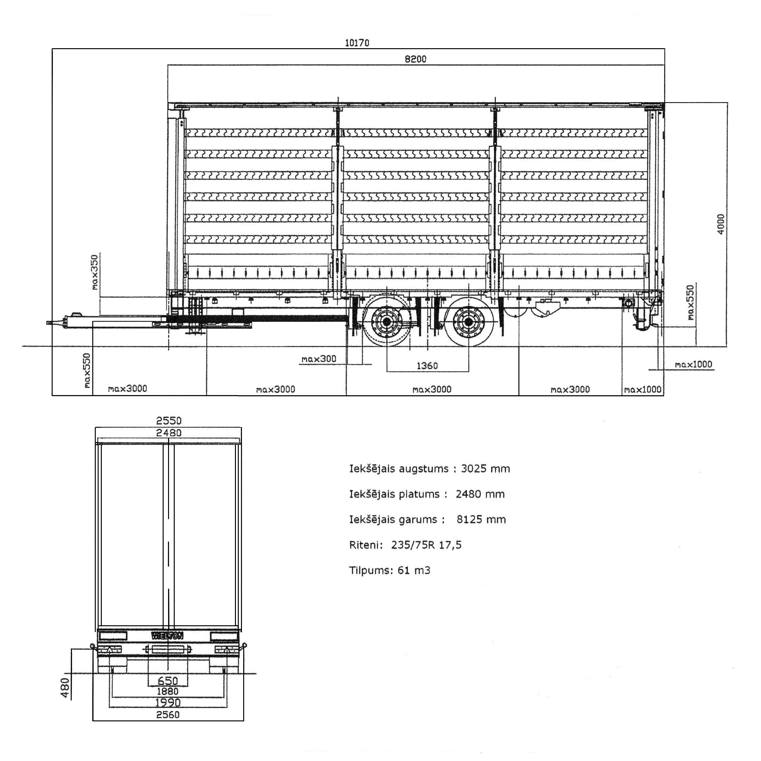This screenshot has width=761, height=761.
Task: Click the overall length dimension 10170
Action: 357,42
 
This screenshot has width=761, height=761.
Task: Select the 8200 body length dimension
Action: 416,59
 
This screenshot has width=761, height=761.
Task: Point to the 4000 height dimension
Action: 720,224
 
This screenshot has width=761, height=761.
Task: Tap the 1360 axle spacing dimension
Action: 427,366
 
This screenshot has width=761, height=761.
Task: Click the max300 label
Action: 319,359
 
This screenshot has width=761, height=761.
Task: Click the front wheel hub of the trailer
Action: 387,322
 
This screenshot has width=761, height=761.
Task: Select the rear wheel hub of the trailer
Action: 468,322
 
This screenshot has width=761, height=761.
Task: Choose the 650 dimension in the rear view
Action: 168,681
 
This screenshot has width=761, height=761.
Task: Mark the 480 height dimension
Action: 65,687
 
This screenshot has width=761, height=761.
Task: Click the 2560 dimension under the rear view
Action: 168,714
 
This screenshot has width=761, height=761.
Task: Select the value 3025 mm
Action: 485,469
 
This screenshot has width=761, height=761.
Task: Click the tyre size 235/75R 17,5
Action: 426,545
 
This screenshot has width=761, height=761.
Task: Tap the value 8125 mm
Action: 481,520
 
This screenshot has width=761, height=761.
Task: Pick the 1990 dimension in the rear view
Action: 168,702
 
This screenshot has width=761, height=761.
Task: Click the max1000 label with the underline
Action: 693,364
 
